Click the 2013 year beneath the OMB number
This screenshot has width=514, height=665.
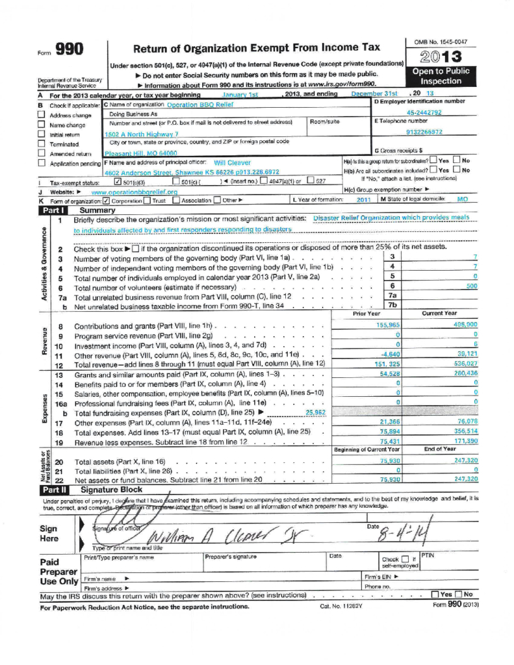point(441,56)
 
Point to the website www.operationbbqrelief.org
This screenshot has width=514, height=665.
point(135,192)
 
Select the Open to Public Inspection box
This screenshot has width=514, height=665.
point(441,77)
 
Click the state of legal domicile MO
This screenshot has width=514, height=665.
point(462,200)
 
